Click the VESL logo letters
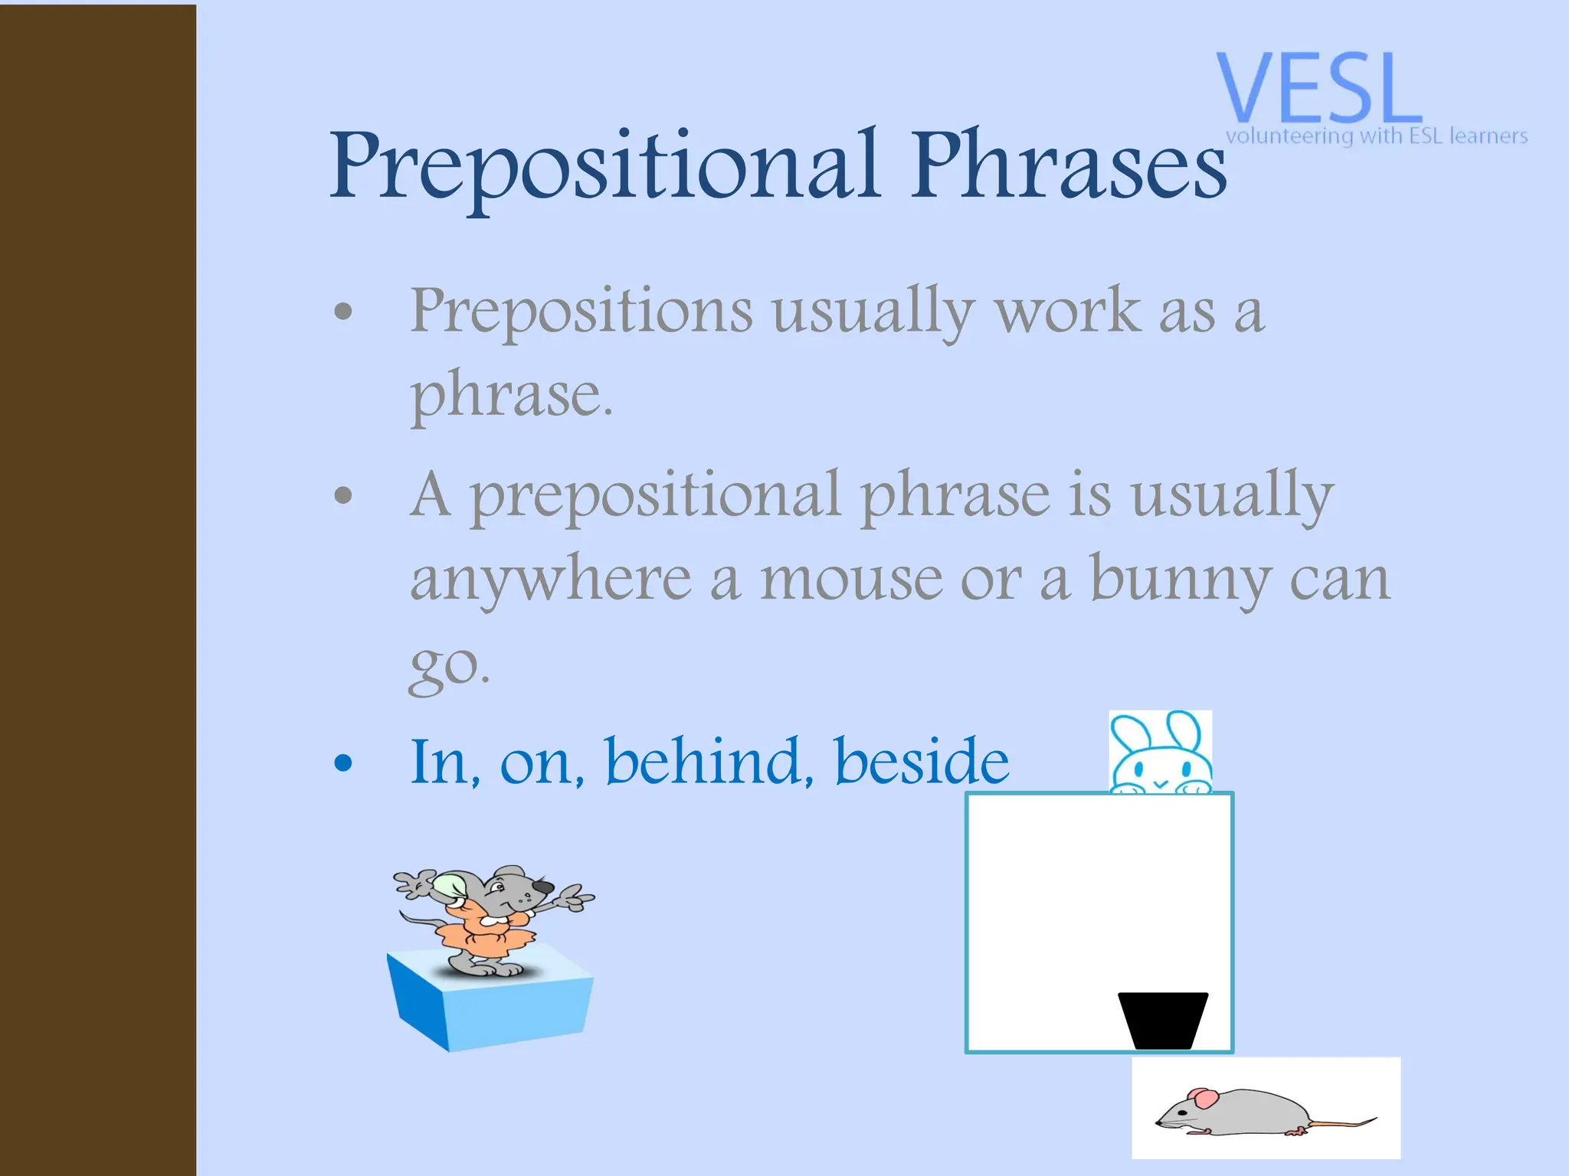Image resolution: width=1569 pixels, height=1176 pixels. [x=1318, y=88]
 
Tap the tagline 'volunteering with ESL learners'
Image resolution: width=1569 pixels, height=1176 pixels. [x=1376, y=136]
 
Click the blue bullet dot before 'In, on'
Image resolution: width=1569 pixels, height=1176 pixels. [x=344, y=763]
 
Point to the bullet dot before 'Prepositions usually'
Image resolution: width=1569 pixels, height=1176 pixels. [x=344, y=312]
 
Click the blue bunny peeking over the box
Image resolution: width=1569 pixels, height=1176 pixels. [x=1160, y=754]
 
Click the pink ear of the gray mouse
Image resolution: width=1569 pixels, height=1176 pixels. [x=1204, y=1099]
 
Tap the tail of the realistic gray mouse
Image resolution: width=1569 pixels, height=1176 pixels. [x=1341, y=1123]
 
